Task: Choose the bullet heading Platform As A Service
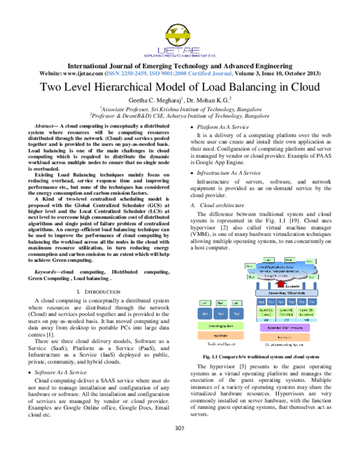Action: tap(220, 127)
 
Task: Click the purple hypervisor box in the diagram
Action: tap(284, 327)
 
